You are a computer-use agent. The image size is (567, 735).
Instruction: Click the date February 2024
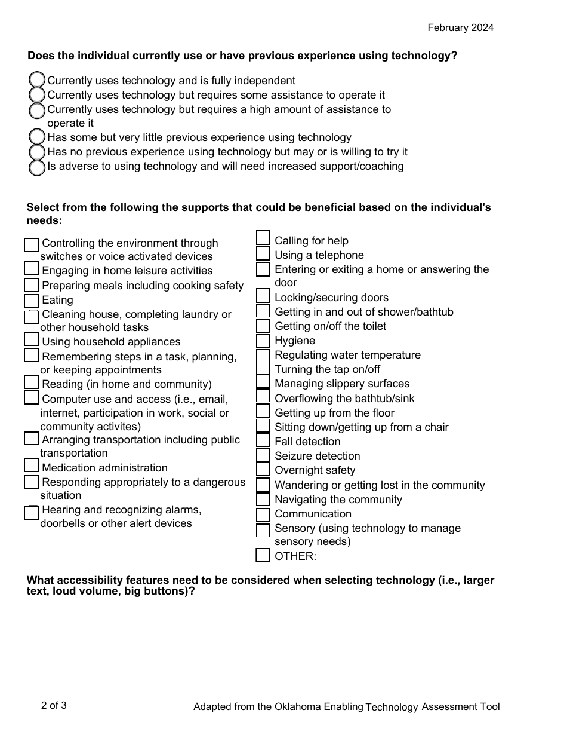tap(460, 28)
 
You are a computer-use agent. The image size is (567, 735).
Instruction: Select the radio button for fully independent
tap(37, 80)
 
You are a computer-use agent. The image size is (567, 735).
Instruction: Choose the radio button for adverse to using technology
tap(37, 167)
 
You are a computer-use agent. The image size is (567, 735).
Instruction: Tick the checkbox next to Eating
tap(32, 301)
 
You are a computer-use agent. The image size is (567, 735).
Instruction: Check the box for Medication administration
tap(32, 465)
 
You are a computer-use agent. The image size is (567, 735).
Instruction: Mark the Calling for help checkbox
tap(263, 238)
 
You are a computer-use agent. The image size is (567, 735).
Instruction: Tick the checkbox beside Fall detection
tap(263, 441)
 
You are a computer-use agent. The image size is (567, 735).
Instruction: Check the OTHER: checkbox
tap(263, 556)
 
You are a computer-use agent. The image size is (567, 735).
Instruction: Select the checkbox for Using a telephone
tap(263, 254)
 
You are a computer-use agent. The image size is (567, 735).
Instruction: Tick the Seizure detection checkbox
tap(263, 455)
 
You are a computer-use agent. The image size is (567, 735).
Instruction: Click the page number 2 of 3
tap(54, 705)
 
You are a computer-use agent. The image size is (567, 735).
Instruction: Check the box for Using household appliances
tap(32, 340)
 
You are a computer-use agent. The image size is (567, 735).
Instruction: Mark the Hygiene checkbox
tap(263, 341)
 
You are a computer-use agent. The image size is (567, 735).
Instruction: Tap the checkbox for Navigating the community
tap(263, 500)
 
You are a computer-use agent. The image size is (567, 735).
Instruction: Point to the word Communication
tap(313, 514)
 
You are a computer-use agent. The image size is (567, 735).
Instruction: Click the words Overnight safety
tap(315, 470)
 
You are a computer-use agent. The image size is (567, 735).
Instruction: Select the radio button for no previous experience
tap(37, 152)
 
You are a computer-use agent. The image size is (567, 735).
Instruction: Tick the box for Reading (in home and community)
tap(32, 382)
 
